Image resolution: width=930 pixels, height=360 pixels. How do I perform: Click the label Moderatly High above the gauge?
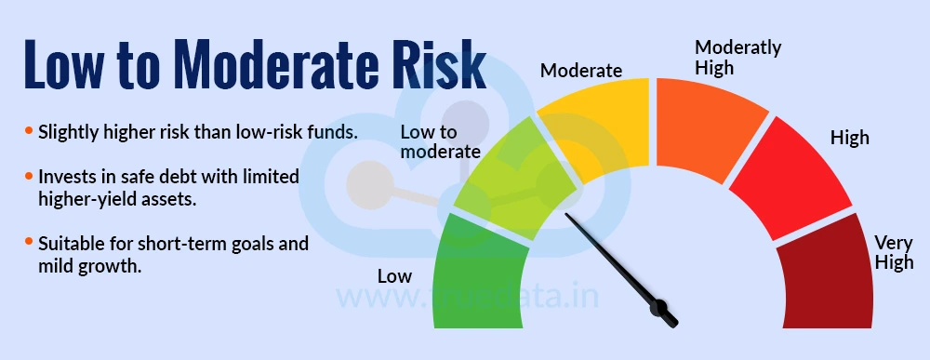click(x=738, y=57)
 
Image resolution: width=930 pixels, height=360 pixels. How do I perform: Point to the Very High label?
click(x=894, y=252)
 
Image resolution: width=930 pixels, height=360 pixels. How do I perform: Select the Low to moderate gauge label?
click(x=439, y=141)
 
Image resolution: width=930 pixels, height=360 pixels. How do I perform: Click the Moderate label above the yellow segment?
click(x=581, y=70)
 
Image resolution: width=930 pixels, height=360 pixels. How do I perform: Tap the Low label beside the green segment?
click(x=394, y=276)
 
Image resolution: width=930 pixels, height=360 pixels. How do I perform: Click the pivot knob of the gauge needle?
click(x=663, y=310)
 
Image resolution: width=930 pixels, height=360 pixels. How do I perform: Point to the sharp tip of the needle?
click(x=566, y=218)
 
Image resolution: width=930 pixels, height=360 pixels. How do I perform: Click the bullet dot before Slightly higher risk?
click(x=29, y=131)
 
